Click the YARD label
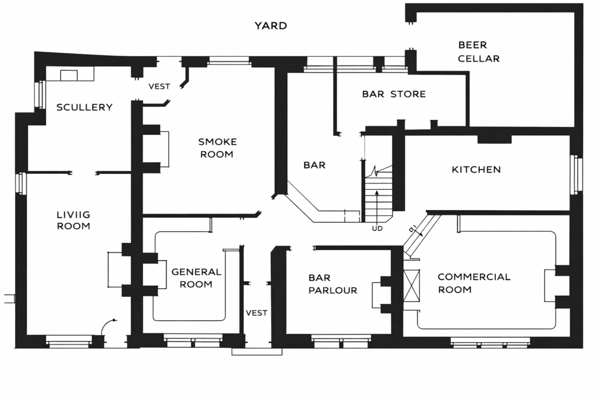(270, 26)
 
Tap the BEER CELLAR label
(479, 52)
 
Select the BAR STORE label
(394, 94)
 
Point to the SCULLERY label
(84, 107)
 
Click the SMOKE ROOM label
(217, 148)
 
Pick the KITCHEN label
(476, 170)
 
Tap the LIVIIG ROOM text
(73, 220)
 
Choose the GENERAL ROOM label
(196, 278)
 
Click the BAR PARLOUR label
(333, 284)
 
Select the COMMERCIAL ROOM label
(473, 283)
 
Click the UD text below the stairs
(377, 228)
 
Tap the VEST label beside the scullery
(159, 87)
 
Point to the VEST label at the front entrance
(256, 313)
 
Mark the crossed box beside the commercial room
(412, 286)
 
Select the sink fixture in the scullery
(69, 74)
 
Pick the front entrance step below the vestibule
(257, 351)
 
